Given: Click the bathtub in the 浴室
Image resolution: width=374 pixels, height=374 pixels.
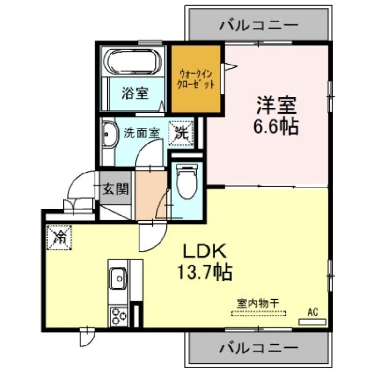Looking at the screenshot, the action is [x=133, y=61].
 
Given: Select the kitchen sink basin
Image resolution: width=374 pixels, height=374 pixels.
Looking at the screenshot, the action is [x=118, y=278].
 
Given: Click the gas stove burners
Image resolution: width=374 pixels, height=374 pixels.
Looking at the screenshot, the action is [x=119, y=317].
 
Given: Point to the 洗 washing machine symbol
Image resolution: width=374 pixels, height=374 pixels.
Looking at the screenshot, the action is [x=181, y=133].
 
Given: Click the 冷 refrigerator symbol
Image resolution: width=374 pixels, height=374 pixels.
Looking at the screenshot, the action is [x=59, y=237].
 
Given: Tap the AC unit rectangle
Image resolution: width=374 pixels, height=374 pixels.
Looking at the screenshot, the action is [x=312, y=322].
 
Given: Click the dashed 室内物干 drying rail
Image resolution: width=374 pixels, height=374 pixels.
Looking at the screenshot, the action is [x=258, y=313].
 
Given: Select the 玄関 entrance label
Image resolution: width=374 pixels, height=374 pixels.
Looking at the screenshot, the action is [x=116, y=189].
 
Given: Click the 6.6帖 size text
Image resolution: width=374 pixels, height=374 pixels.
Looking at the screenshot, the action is [x=276, y=126].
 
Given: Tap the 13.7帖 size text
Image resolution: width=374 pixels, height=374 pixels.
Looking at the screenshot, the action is [x=205, y=272].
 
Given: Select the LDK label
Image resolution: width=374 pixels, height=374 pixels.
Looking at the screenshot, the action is [x=205, y=251].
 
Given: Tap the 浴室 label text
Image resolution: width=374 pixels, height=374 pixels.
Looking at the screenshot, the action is [x=135, y=93].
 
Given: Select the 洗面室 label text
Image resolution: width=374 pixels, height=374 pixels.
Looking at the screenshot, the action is [x=141, y=133].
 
